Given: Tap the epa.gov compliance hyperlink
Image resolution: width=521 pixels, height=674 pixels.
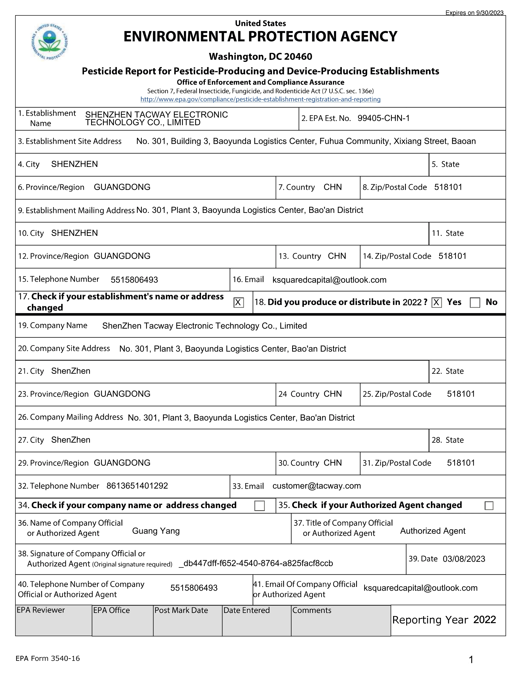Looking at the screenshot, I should tap(260, 99).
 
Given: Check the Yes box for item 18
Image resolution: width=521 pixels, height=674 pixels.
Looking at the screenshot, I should tap(436, 302).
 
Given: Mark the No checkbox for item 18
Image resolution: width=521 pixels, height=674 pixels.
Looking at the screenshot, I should tap(475, 302).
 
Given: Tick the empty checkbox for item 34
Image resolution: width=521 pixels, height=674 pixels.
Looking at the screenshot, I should tap(259, 505).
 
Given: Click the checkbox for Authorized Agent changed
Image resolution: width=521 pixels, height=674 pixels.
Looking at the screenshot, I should tap(489, 505).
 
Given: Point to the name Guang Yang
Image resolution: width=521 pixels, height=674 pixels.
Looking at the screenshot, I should tap(156, 531).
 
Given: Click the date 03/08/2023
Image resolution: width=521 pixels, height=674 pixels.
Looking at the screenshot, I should tap(464, 559).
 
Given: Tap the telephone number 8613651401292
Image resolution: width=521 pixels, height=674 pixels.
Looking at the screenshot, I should tap(137, 486).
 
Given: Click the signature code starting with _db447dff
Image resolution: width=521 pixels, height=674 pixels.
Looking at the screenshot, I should tap(256, 564).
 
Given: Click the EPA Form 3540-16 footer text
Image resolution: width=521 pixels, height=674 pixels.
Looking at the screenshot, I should tap(48, 658).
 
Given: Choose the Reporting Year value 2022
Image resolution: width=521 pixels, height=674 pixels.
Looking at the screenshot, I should tap(485, 620).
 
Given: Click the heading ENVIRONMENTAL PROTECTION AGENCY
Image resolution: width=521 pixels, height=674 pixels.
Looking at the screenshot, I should tap(260, 36).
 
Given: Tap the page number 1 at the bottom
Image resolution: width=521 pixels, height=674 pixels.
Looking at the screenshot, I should tap(471, 660).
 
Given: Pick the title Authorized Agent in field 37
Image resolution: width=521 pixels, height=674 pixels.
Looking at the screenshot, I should tap(432, 531).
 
